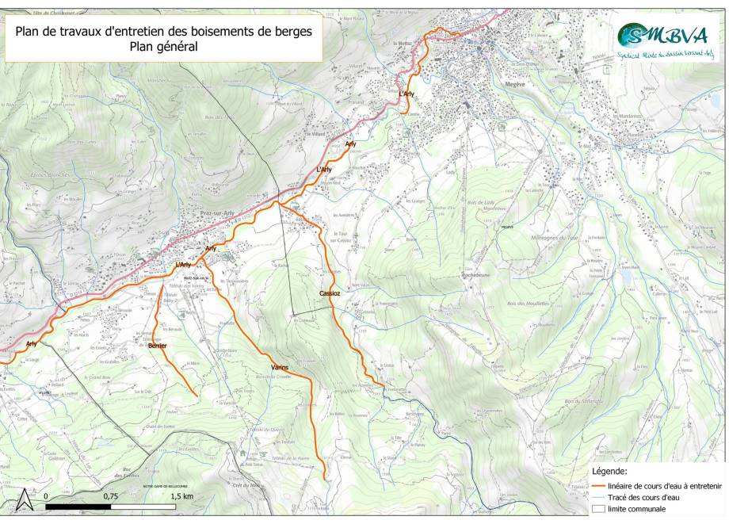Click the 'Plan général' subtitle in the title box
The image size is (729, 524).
(164, 47)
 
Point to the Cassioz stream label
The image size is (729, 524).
(330, 293)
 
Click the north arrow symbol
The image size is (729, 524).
(25, 499)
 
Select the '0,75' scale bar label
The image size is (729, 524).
(112, 495)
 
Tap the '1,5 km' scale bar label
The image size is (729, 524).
(182, 495)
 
